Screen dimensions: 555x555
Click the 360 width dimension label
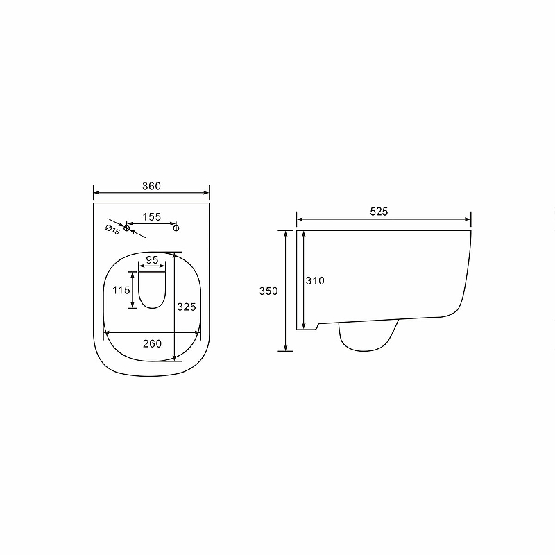(x=151, y=186)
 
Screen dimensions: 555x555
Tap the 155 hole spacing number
(x=152, y=216)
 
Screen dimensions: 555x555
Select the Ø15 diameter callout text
(x=112, y=230)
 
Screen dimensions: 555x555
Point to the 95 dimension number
(x=152, y=260)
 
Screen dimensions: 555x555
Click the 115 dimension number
(x=121, y=290)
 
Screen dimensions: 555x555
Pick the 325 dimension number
(x=187, y=307)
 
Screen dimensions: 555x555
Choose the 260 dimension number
(x=152, y=343)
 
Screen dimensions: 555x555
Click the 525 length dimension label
(x=379, y=212)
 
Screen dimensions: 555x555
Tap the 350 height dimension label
(x=268, y=291)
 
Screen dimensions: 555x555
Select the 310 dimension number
(x=315, y=281)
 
